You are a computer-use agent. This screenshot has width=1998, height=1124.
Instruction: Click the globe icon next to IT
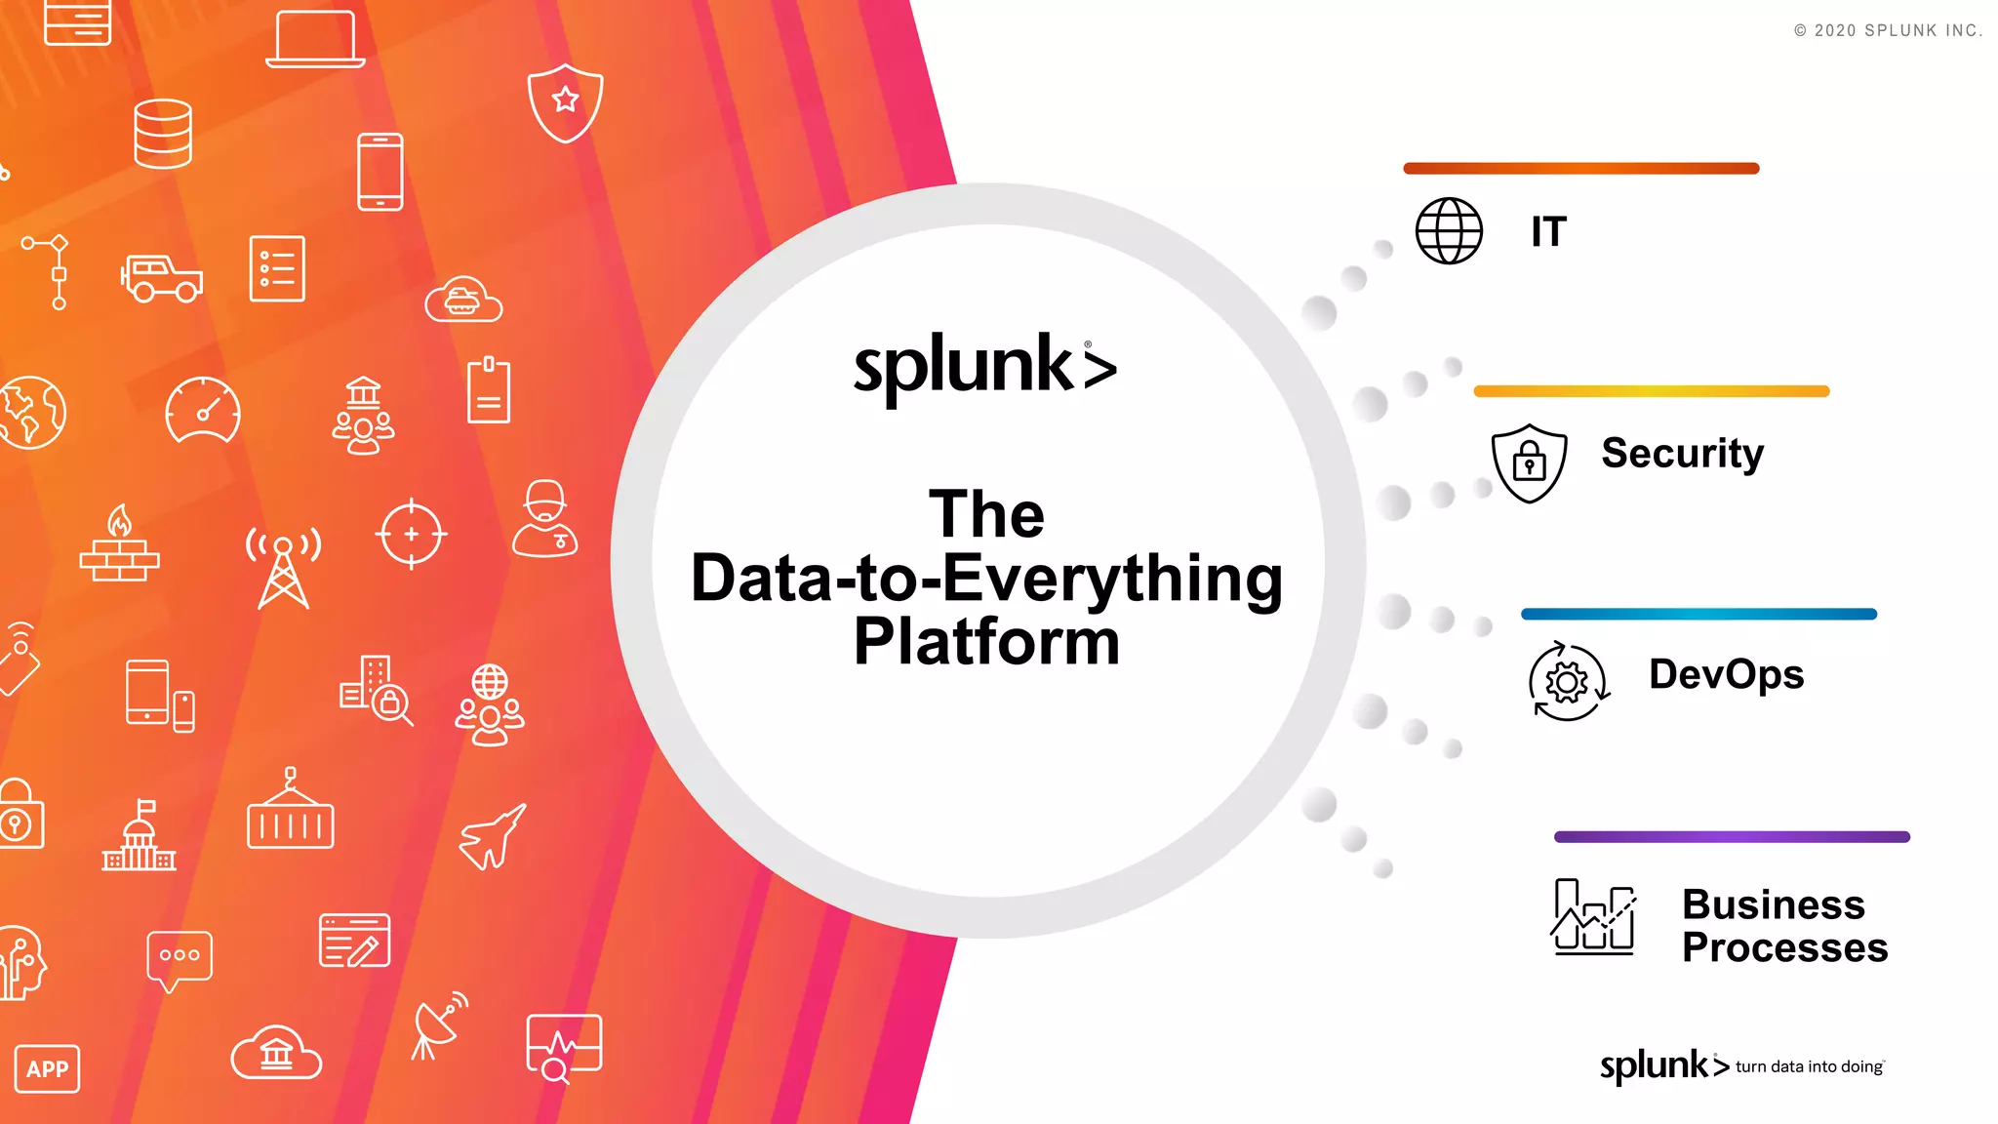point(1449,231)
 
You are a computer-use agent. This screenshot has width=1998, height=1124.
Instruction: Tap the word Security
point(1682,454)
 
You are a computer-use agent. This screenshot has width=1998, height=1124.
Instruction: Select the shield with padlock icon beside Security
point(1529,463)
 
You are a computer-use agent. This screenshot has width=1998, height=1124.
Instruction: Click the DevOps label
point(1726,675)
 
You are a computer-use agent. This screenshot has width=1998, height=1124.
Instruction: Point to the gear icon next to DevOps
point(1568,682)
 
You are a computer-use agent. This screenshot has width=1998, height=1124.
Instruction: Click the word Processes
point(1784,948)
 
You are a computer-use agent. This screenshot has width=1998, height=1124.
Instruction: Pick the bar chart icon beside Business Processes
point(1593,916)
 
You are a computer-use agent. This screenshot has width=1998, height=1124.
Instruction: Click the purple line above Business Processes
point(1731,837)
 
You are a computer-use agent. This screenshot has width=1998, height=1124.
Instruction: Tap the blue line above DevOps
point(1698,615)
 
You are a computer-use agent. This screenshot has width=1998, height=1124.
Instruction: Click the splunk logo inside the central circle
point(984,368)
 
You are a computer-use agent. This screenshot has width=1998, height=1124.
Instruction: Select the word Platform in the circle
point(986,643)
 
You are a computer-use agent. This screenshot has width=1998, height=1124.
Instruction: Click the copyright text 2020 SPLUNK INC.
point(1888,31)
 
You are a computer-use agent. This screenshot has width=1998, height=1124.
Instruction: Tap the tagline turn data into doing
point(1809,1067)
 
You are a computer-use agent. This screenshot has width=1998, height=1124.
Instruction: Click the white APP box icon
point(47,1069)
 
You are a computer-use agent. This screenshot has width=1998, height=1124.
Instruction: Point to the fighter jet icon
point(493,837)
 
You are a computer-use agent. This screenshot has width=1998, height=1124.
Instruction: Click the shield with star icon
point(565,101)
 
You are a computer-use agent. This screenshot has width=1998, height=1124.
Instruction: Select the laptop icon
point(315,39)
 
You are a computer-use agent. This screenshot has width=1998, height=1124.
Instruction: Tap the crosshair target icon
point(411,534)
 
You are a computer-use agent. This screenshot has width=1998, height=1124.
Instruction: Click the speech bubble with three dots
point(179,958)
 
